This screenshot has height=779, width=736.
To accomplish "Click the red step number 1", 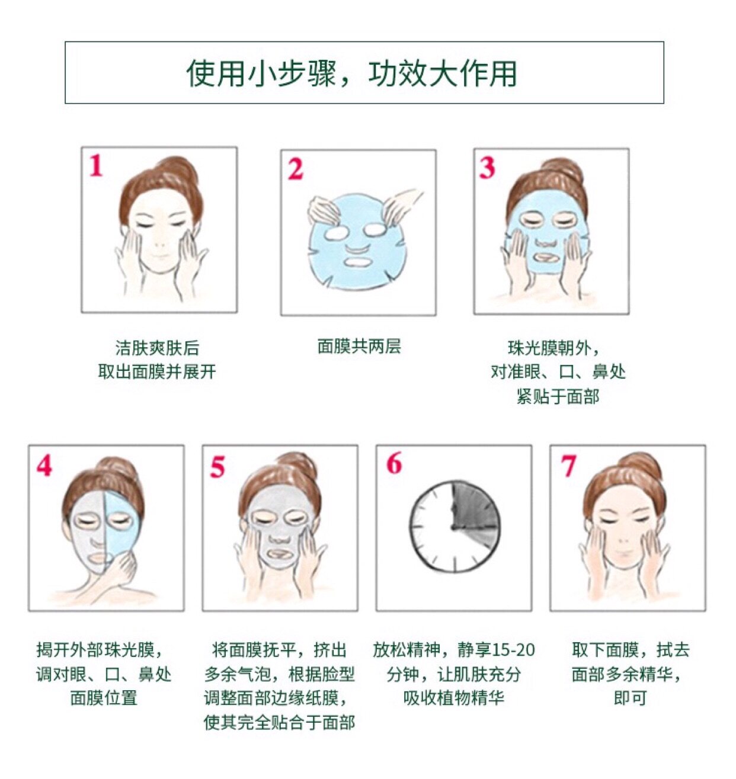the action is pos(97,165).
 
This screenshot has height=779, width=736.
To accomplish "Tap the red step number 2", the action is pos(296,169).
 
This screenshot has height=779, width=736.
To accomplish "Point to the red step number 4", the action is pos(44,465).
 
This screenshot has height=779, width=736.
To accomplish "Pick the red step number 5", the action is pos(217,466).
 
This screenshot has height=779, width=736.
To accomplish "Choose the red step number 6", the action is pos(393,463).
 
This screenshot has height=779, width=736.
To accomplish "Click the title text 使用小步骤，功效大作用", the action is pos(351,73).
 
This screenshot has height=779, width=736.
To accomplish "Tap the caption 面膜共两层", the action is pos(359,347).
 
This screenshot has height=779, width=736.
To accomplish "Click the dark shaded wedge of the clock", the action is pos(473,511).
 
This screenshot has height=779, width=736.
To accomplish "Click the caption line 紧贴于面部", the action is pos(558,396).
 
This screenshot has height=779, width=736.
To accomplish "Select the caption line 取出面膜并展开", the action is pos(157,371).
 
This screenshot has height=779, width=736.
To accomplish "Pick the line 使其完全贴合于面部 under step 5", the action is pos(279,722).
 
